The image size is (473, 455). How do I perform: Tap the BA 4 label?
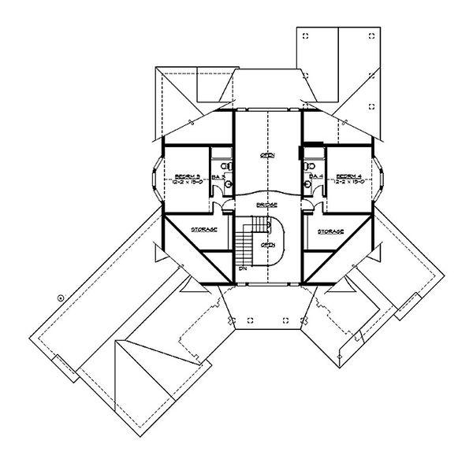(312, 176)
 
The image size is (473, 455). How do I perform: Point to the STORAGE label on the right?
(330, 231)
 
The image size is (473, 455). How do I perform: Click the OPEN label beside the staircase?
(268, 243)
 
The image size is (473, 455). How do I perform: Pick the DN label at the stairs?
(244, 268)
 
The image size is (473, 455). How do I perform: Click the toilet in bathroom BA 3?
(226, 167)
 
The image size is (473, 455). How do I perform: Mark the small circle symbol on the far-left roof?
(60, 297)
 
